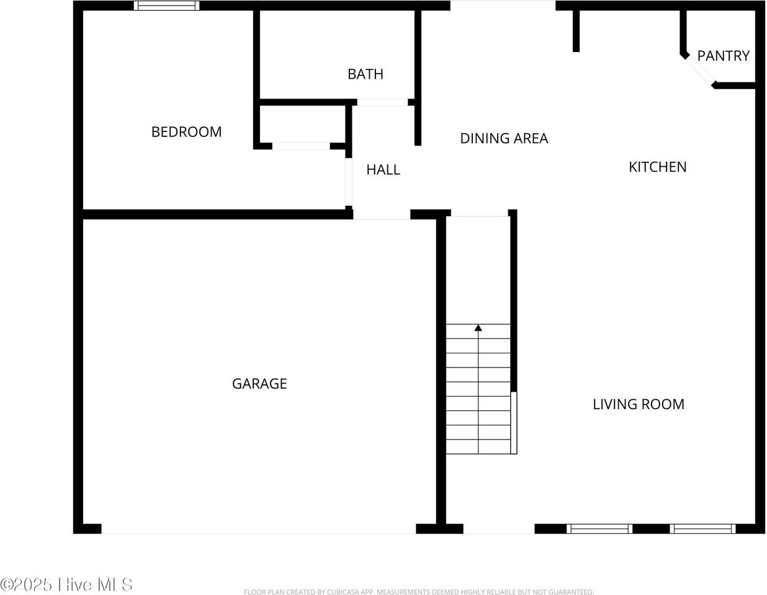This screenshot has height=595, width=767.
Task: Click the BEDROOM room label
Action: (x=186, y=131)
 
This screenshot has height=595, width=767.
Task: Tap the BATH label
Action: (x=365, y=74)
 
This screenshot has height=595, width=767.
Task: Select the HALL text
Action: (x=383, y=169)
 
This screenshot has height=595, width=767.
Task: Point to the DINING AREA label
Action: (x=504, y=138)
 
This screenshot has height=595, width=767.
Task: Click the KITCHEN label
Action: (x=657, y=167)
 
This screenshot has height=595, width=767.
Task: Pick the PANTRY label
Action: (x=723, y=56)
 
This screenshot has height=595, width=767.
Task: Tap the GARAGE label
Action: (x=259, y=384)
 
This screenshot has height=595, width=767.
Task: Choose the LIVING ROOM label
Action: (x=639, y=404)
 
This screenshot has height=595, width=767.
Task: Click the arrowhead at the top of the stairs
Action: (x=478, y=328)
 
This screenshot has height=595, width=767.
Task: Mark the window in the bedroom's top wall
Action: (x=166, y=6)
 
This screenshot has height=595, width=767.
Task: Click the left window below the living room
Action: (x=599, y=529)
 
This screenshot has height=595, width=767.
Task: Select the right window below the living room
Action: (x=702, y=529)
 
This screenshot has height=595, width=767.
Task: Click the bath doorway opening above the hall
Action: (x=382, y=102)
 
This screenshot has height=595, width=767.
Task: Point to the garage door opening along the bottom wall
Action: (x=258, y=529)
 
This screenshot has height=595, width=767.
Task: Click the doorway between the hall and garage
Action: (x=382, y=215)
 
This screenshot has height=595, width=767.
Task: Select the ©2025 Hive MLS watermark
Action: (x=66, y=584)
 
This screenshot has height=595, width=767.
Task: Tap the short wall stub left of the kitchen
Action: (x=576, y=31)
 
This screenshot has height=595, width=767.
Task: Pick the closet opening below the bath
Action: (x=301, y=146)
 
